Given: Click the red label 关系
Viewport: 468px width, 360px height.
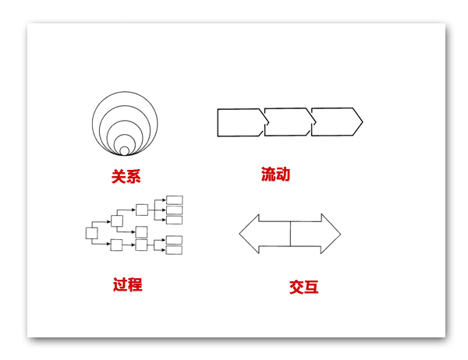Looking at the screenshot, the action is pyautogui.click(x=126, y=176).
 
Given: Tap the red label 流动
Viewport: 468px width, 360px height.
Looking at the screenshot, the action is pyautogui.click(x=275, y=175).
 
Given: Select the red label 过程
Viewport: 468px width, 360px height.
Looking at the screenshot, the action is pyautogui.click(x=127, y=284).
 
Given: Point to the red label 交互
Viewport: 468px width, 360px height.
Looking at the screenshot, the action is pyautogui.click(x=303, y=287).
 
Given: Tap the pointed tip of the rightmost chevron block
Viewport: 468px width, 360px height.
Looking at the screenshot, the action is pyautogui.click(x=363, y=122).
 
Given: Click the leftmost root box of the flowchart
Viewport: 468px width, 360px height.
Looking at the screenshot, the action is pyautogui.click(x=91, y=233).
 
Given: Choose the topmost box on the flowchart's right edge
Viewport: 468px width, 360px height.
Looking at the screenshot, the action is pyautogui.click(x=174, y=199).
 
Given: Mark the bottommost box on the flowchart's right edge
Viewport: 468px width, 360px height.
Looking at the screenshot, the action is pyautogui.click(x=174, y=250).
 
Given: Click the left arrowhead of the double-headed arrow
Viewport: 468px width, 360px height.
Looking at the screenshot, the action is pyautogui.click(x=250, y=234).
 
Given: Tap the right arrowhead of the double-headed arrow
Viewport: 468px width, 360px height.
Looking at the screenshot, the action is pyautogui.click(x=331, y=234).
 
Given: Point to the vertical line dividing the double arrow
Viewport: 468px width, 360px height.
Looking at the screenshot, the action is pyautogui.click(x=290, y=234).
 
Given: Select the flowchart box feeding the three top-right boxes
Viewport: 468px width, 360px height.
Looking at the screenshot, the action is pyautogui.click(x=142, y=210).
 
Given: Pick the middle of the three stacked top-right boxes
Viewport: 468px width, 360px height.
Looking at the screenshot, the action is pyautogui.click(x=174, y=210).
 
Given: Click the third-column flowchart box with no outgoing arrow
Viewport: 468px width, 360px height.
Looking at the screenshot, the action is pyautogui.click(x=141, y=232).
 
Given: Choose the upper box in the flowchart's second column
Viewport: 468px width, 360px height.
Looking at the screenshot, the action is pyautogui.click(x=117, y=221).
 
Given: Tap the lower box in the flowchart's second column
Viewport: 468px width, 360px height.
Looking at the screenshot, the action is pyautogui.click(x=116, y=245).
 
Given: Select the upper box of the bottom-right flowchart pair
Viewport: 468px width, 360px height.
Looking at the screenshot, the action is pyautogui.click(x=174, y=240).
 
